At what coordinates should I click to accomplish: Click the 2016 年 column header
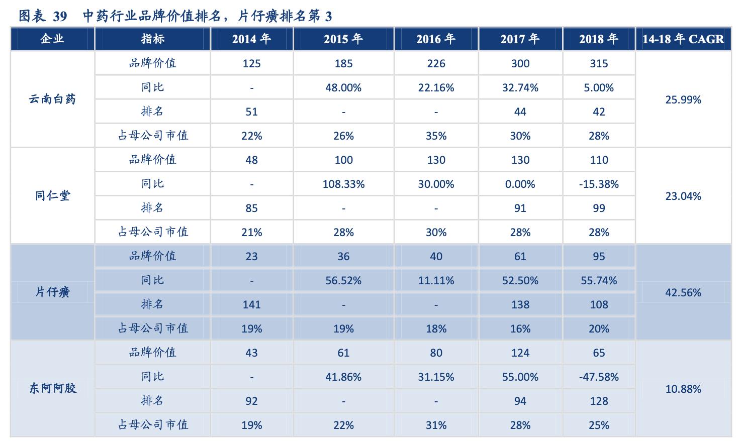436,39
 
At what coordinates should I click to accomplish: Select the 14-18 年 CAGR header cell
683,39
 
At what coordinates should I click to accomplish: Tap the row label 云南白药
52,99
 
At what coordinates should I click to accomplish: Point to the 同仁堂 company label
52,195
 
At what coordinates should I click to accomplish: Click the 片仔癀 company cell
52,292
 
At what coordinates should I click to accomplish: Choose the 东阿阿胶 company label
52,388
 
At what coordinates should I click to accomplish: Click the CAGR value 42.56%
683,292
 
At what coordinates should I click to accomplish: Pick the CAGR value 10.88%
683,389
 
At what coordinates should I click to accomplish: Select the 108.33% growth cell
343,184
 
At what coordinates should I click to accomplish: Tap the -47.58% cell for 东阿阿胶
599,377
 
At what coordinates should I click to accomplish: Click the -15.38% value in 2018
599,184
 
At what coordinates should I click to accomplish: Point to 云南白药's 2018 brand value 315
599,64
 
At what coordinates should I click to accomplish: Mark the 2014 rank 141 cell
251,304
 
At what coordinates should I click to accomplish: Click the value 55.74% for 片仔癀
599,280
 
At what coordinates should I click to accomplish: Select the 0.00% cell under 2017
520,184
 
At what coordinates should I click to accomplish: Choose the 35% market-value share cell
436,136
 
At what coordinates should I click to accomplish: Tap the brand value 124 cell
520,353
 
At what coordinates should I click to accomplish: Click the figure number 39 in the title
59,17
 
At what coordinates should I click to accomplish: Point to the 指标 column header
152,39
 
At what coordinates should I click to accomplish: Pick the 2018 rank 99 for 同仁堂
599,208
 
